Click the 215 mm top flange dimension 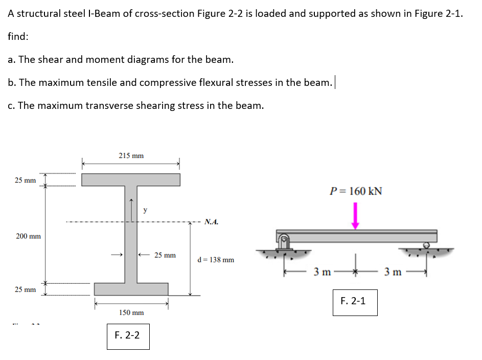pyautogui.click(x=131, y=155)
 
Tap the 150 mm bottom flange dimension pyautogui.click(x=131, y=312)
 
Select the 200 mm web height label pyautogui.click(x=28, y=236)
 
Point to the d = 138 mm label pyautogui.click(x=216, y=260)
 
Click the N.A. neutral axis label pyautogui.click(x=211, y=222)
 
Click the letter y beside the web pyautogui.click(x=145, y=210)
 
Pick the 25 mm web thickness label pyautogui.click(x=165, y=255)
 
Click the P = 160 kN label pyautogui.click(x=356, y=191)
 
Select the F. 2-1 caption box pyautogui.click(x=353, y=301)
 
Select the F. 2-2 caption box pyautogui.click(x=128, y=336)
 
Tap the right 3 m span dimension pyautogui.click(x=393, y=271)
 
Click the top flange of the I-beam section pyautogui.click(x=131, y=179)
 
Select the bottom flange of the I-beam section pyautogui.click(x=131, y=289)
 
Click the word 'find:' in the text pyautogui.click(x=18, y=37)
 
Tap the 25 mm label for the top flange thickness pyautogui.click(x=25, y=180)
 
